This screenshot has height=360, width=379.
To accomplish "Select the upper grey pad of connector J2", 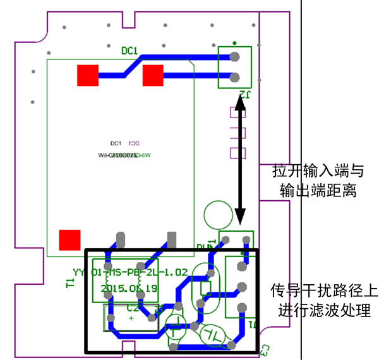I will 235,56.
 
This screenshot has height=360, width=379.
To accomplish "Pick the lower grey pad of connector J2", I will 235,78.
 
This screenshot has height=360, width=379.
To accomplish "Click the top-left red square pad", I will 87,76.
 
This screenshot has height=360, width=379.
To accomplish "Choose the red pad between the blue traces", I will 153,76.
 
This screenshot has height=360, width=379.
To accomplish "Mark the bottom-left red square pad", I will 69,240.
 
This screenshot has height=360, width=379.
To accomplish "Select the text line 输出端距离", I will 318,190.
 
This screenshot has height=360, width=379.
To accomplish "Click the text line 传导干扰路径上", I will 325,291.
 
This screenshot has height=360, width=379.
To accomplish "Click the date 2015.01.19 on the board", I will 128,287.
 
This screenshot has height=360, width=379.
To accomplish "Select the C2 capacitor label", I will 133,309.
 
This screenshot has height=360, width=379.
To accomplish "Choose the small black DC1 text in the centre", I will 116,143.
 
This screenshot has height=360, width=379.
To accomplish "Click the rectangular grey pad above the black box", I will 171,240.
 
